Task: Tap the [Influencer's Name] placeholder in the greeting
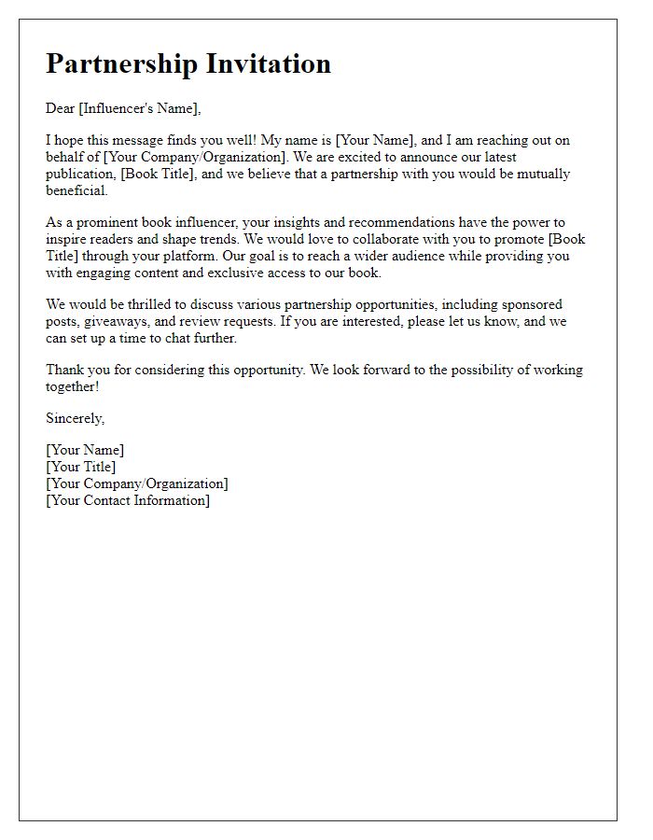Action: coord(139,108)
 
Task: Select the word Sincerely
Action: coord(75,418)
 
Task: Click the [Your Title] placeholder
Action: coord(81,467)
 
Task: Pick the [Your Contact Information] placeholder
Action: coord(128,500)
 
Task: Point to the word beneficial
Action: coord(76,190)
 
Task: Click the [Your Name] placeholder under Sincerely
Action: coord(85,450)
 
